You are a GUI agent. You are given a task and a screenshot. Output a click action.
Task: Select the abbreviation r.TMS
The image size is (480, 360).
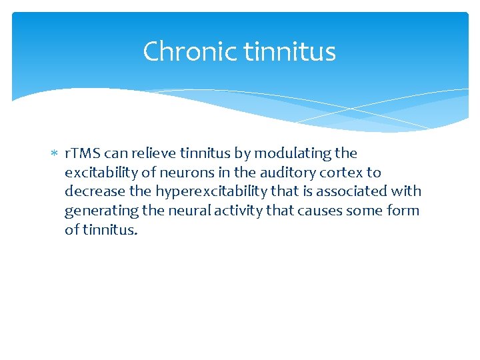(83, 153)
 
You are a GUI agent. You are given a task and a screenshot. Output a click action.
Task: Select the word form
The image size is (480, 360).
(404, 211)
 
